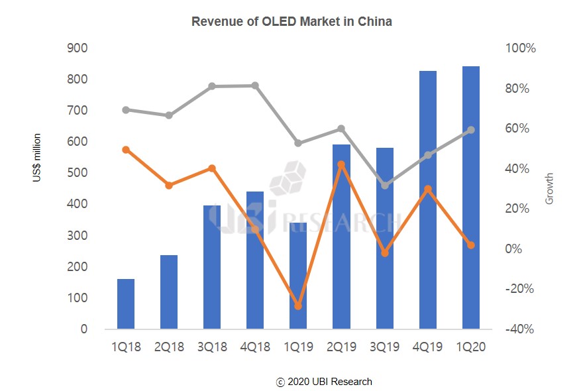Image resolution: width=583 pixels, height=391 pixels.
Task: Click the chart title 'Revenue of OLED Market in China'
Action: [x=291, y=21]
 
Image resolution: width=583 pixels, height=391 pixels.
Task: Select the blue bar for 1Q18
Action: [x=126, y=304]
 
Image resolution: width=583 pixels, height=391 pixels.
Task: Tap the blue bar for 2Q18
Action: [x=169, y=292]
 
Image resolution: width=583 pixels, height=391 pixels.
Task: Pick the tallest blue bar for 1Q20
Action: [x=470, y=199]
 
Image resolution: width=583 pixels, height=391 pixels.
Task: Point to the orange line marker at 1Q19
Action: [x=298, y=306]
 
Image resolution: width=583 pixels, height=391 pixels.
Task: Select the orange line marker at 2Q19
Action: [x=341, y=164]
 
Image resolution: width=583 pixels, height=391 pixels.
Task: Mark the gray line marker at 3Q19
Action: [x=385, y=186]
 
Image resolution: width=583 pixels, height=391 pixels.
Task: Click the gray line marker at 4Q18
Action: [x=255, y=85]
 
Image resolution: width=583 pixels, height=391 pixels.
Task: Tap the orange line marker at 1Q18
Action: [x=126, y=150]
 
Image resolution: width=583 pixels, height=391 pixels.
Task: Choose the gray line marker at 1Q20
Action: [x=471, y=130]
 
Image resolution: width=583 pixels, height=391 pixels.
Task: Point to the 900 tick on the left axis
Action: [x=78, y=48]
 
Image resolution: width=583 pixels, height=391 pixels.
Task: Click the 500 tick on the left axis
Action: [x=78, y=173]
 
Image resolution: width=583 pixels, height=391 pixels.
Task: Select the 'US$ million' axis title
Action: [x=38, y=158]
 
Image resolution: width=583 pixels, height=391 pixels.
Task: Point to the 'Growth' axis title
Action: [x=549, y=189]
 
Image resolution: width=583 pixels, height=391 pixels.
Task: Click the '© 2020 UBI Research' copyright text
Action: [x=324, y=382]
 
